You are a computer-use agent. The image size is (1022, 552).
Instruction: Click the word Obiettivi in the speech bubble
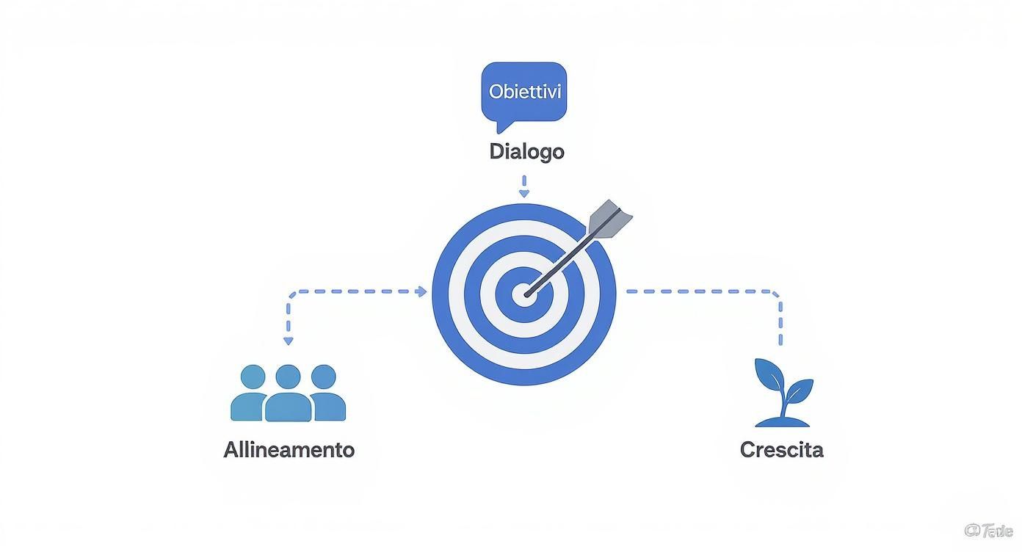point(524,92)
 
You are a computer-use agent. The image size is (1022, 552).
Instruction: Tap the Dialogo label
point(526,152)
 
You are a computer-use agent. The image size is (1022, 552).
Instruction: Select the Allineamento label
point(289,449)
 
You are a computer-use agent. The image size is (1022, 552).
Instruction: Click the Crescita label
point(781,449)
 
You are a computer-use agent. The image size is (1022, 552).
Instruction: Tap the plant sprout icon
point(783,393)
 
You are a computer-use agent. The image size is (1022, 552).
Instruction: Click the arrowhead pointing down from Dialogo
point(523,193)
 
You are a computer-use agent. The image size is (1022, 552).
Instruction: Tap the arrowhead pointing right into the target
point(421,291)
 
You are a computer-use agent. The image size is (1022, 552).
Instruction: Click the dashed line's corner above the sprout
point(778,294)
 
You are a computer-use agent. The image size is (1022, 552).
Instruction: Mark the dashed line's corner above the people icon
point(291,294)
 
